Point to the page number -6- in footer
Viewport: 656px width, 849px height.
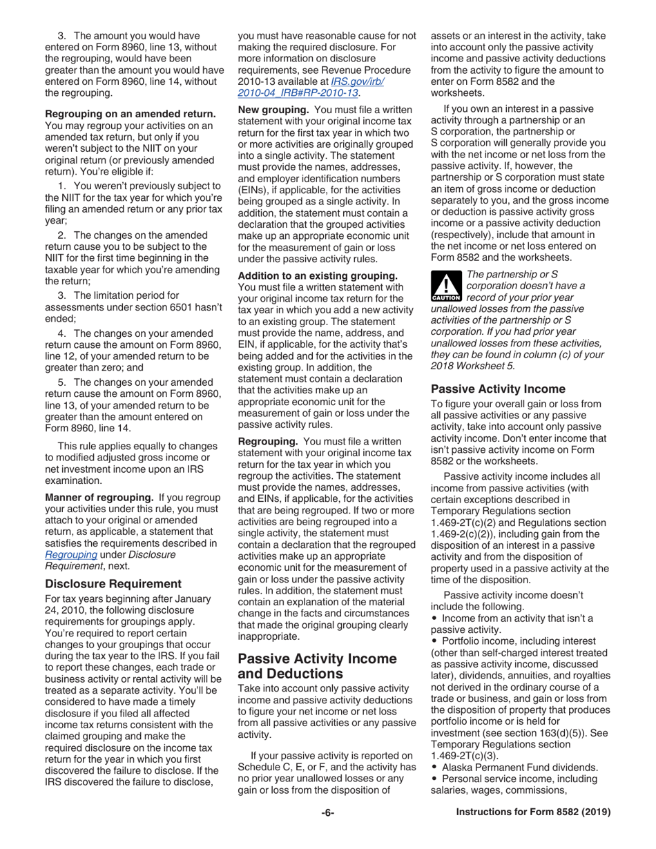[327, 832]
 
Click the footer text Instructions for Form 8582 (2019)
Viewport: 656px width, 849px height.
[534, 832]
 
